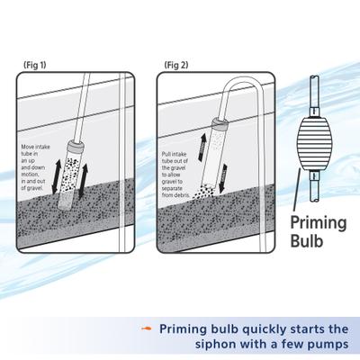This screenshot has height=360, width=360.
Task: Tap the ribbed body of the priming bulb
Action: pos(310,145)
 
